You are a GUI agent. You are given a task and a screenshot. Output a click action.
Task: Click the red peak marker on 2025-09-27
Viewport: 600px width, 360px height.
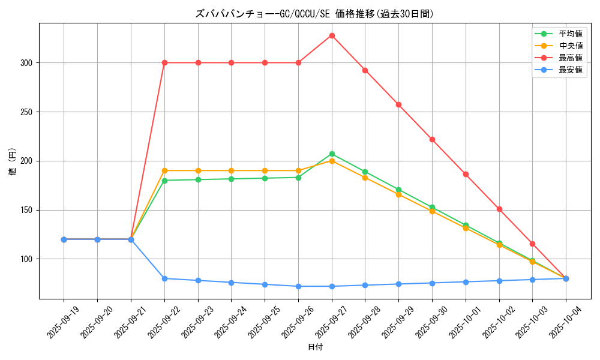[x=332, y=35]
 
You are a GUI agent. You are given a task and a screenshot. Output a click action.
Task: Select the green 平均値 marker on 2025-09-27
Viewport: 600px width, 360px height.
[x=332, y=154]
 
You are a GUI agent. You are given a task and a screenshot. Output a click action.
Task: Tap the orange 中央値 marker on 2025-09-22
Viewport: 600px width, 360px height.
[x=164, y=170]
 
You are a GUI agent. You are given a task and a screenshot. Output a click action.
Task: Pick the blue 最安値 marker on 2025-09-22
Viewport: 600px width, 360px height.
[x=164, y=278]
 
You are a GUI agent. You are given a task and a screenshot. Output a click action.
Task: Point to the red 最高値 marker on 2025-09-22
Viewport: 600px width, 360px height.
[x=164, y=62]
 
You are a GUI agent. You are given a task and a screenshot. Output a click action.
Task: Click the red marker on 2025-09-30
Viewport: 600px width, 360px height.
[x=432, y=139]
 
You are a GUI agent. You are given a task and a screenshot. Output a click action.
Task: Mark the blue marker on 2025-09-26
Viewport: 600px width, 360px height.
[x=298, y=286]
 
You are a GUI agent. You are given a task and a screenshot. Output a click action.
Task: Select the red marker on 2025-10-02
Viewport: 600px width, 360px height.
[x=499, y=209]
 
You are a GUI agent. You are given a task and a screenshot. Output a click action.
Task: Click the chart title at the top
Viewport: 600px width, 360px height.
[x=314, y=14]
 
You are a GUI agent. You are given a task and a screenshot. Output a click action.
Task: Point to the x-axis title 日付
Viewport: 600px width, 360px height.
[x=314, y=347]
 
